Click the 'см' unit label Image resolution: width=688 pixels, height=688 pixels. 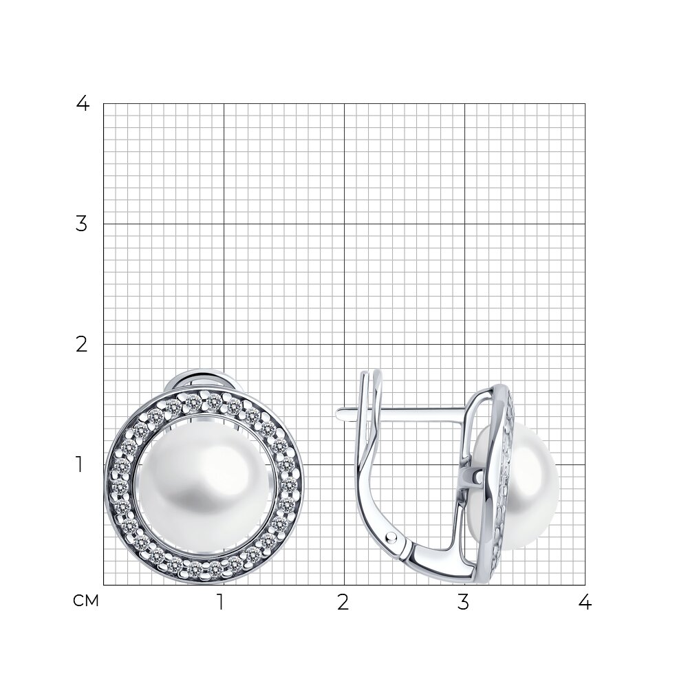coord(86,601)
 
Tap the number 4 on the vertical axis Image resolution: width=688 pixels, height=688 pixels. coord(83,104)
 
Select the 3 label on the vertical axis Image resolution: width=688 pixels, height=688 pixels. coord(82,224)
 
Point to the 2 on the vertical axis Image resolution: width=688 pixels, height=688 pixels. coord(82,345)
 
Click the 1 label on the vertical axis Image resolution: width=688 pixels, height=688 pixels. coord(79,464)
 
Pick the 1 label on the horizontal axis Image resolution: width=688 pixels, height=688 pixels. coord(221,603)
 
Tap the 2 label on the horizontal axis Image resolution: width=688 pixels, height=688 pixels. coord(343,603)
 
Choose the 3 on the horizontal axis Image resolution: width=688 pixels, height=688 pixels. coord(463,603)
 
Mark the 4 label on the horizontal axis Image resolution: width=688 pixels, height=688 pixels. coord(585,603)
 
